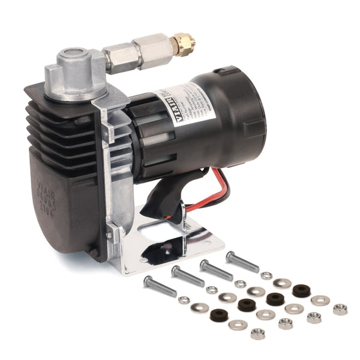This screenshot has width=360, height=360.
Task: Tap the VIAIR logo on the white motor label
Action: (x=164, y=107)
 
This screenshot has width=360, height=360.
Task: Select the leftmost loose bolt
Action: (x=160, y=286)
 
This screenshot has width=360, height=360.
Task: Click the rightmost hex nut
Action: (x=340, y=309)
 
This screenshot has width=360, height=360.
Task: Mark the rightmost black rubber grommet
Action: (x=301, y=290)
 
